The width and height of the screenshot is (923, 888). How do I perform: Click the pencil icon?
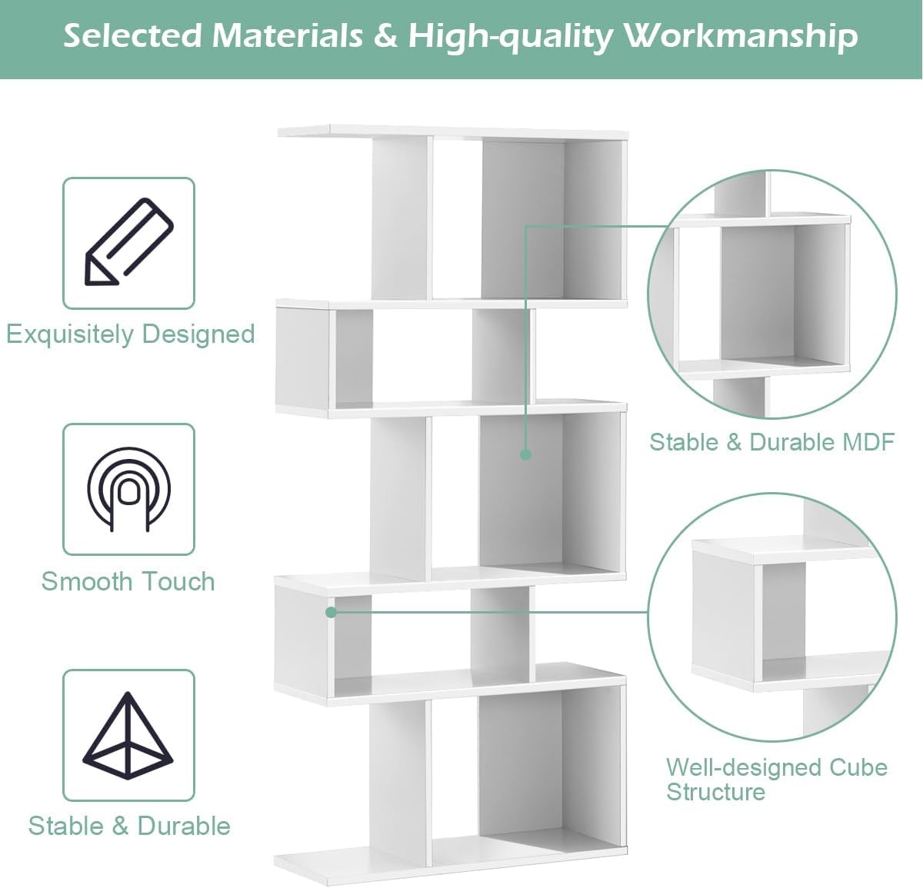[129, 241]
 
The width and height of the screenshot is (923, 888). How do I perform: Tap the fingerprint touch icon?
[128, 489]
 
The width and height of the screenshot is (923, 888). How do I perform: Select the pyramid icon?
[128, 736]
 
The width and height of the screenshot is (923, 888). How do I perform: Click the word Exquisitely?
[70, 334]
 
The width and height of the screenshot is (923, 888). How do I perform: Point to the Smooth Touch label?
[128, 581]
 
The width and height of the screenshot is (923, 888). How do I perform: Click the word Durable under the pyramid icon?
[184, 826]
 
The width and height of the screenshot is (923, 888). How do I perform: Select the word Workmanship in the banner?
[741, 36]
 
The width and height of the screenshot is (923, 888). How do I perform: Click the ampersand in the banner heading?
[385, 36]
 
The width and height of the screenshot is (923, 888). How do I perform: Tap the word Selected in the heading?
[132, 36]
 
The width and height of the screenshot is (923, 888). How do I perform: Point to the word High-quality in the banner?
[511, 38]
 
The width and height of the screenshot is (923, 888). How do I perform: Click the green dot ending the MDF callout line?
[525, 454]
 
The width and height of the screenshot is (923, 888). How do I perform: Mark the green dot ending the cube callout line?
[331, 613]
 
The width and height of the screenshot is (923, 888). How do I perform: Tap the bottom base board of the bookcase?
[451, 864]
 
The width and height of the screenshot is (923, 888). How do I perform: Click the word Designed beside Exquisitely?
[198, 334]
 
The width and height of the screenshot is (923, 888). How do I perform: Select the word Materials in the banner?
[288, 36]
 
